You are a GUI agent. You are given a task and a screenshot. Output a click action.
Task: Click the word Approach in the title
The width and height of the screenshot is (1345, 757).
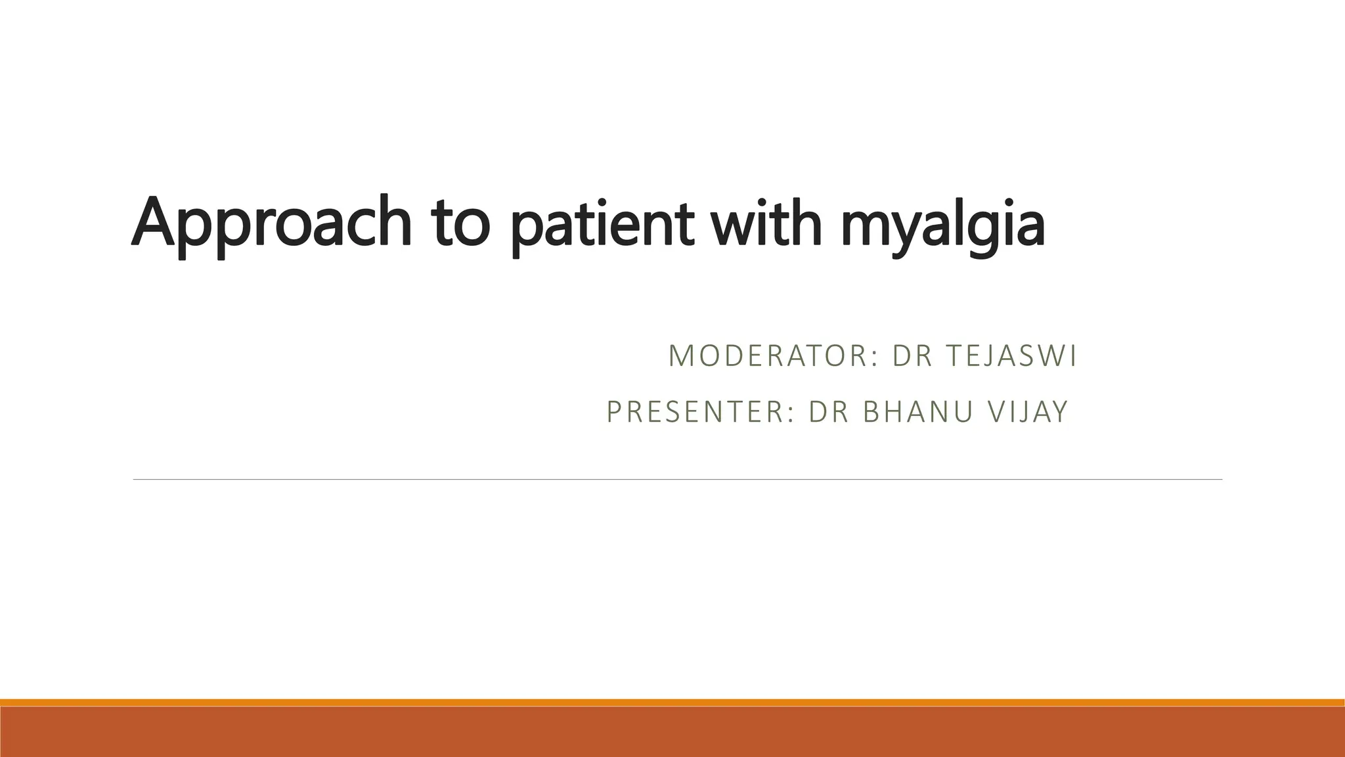coord(271,223)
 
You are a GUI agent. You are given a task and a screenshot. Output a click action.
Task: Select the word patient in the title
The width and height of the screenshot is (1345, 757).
coord(600,223)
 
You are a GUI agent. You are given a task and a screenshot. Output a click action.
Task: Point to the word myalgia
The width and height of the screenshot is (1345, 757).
coord(942,223)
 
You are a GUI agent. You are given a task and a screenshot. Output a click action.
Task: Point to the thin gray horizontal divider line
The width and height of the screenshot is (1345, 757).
coord(676,480)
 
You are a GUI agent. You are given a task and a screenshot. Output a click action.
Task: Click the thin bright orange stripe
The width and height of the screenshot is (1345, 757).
coord(672,702)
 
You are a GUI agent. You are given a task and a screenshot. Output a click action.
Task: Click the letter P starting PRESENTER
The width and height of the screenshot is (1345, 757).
coord(613,412)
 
